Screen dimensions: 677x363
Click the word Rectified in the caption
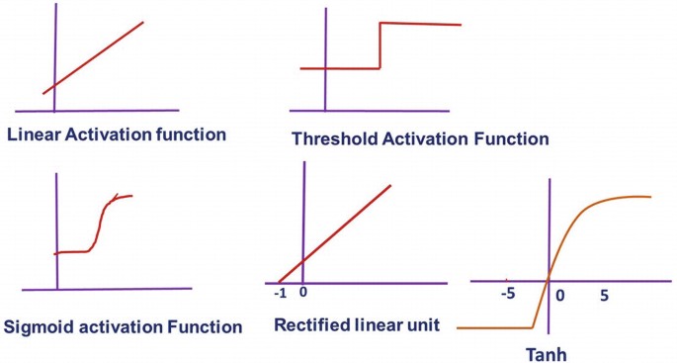[311, 324]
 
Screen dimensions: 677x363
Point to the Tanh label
[547, 354]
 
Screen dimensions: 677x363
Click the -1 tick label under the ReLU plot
[281, 294]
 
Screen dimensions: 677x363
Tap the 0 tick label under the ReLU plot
[303, 292]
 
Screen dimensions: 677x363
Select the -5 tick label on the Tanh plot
[508, 294]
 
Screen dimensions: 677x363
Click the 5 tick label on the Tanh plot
[604, 296]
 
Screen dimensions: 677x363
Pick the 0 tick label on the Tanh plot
[560, 296]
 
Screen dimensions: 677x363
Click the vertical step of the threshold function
[380, 45]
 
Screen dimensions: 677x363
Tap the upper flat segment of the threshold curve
[421, 24]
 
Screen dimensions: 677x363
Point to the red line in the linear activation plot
[93, 57]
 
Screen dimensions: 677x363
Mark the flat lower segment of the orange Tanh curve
[494, 328]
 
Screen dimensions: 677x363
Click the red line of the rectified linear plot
[334, 233]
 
